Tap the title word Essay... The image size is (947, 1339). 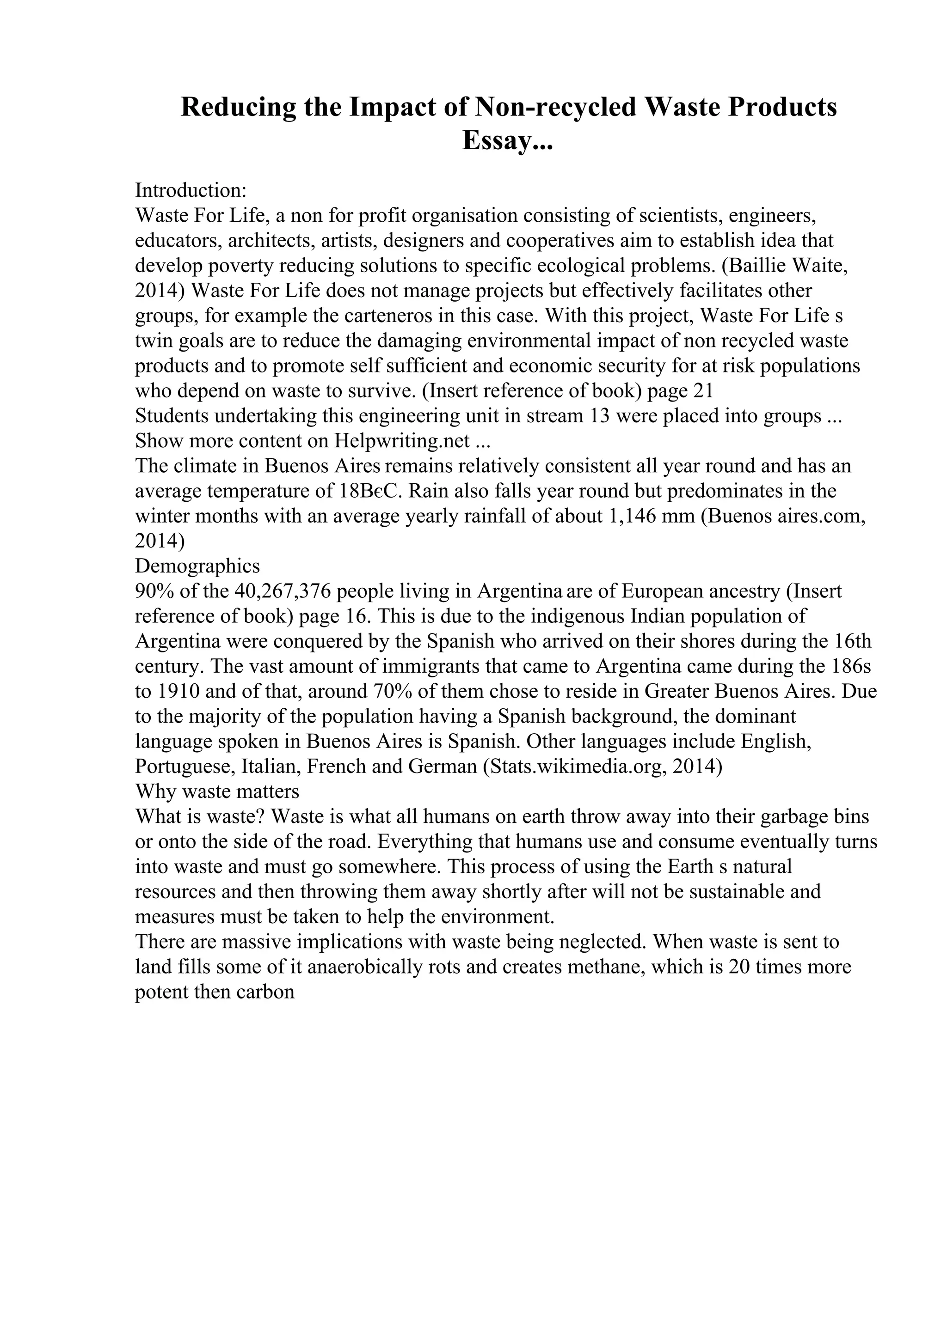pos(507,140)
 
